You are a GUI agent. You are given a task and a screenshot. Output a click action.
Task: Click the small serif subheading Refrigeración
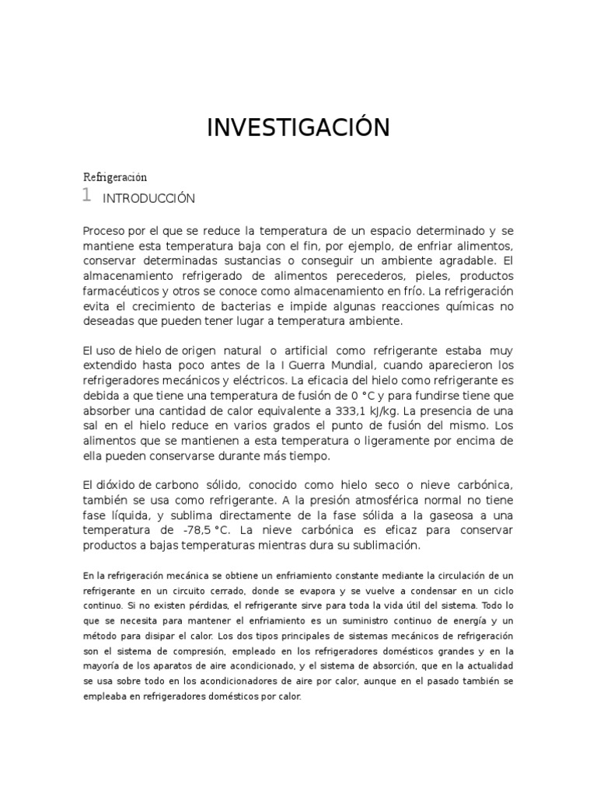coord(114,177)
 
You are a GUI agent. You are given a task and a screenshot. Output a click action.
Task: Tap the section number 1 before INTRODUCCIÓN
coord(88,195)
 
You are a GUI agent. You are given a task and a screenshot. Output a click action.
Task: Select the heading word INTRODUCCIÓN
coord(148,199)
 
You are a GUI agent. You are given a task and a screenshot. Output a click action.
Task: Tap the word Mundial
coord(355,365)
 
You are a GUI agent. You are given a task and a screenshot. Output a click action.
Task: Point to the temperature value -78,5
coord(202,530)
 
